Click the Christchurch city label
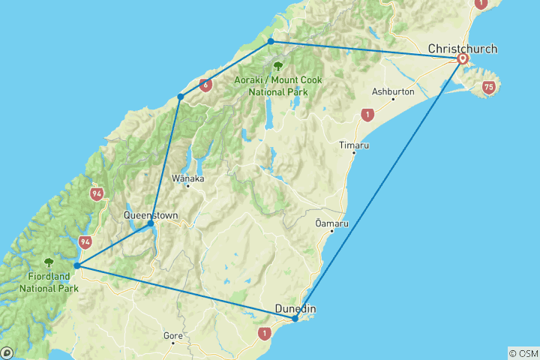pos(462,49)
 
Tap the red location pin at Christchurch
pos(463,58)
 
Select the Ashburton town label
pos(393,91)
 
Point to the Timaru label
pos(353,145)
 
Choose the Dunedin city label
pos(295,308)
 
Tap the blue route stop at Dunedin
pos(295,319)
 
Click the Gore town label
pos(172,335)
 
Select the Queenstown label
pos(151,215)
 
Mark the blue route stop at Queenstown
pos(151,223)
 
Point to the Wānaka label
pos(187,178)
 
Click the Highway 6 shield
pos(205,85)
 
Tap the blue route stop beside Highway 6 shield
pos(180,97)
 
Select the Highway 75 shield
pos(489,88)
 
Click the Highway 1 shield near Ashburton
pos(367,115)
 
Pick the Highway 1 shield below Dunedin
pos(264,332)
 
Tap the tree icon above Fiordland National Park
pos(49,262)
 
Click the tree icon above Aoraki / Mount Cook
pos(278,65)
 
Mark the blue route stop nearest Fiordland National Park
pos(77,265)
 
